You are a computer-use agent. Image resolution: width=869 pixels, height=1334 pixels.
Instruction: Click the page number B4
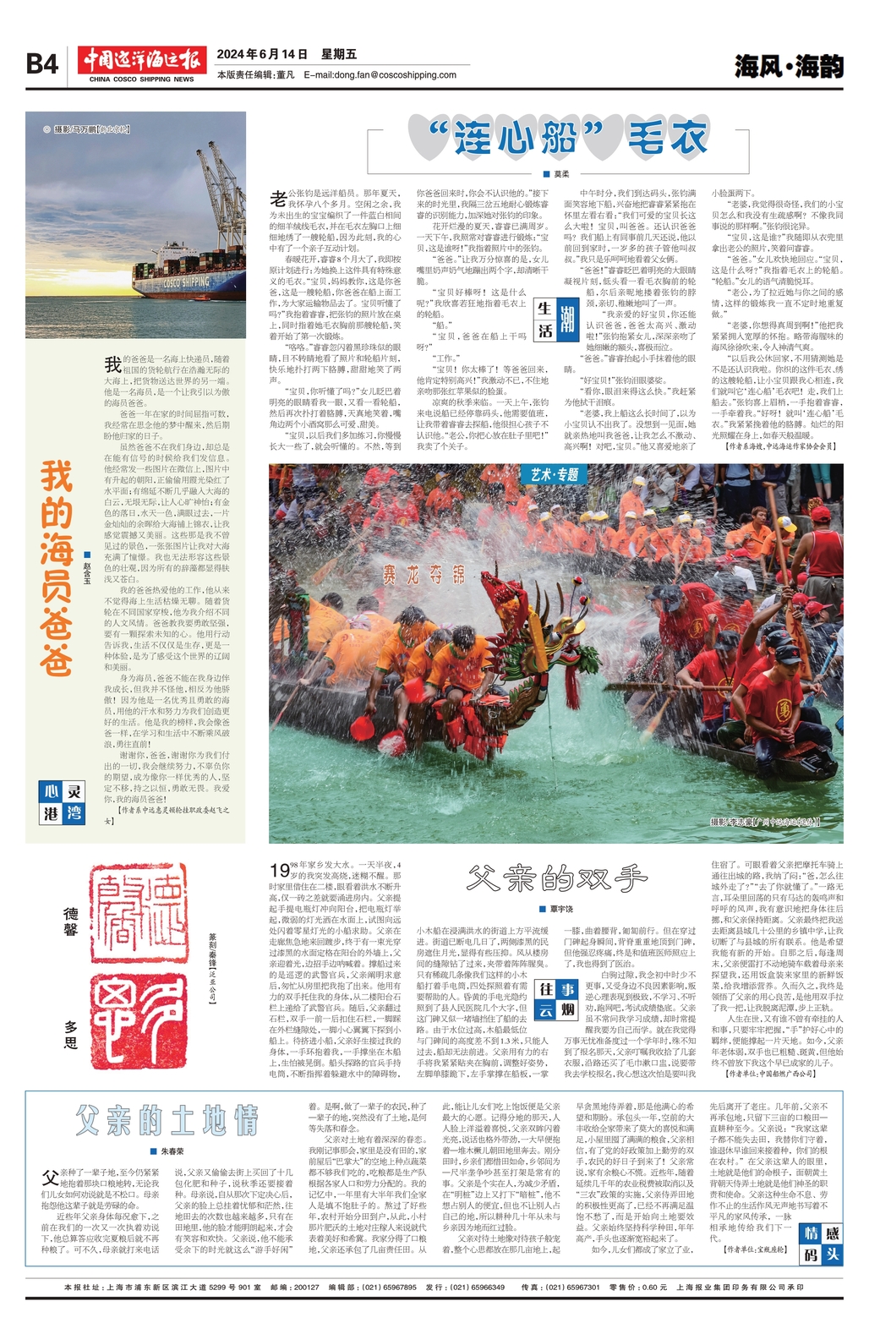click(x=42, y=64)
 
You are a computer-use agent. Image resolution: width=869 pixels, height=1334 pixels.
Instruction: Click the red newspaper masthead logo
click(x=142, y=61)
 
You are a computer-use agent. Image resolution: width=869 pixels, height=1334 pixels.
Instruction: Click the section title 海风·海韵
click(x=788, y=66)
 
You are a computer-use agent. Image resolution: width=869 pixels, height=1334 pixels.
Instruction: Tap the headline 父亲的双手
click(x=556, y=878)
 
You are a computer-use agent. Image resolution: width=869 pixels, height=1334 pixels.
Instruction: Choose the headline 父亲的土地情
click(x=166, y=1120)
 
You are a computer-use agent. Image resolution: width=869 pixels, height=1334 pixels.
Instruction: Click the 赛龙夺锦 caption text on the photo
click(x=424, y=575)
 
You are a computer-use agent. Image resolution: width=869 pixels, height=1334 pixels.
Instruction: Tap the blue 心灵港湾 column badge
click(x=63, y=802)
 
